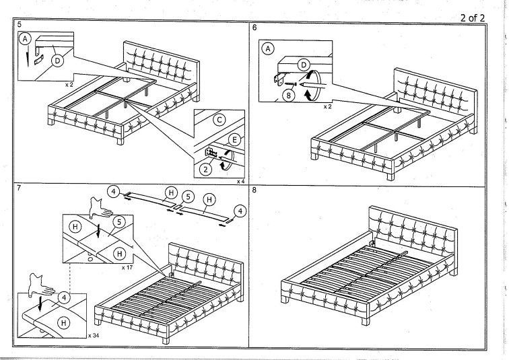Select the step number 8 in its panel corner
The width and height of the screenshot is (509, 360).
(x=254, y=190)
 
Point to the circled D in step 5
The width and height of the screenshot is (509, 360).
(x=57, y=61)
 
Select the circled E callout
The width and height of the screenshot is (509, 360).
(x=234, y=140)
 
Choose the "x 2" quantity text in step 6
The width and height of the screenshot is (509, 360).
(x=328, y=106)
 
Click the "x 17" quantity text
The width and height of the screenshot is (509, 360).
(x=127, y=267)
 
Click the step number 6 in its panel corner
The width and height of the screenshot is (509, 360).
(x=254, y=28)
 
